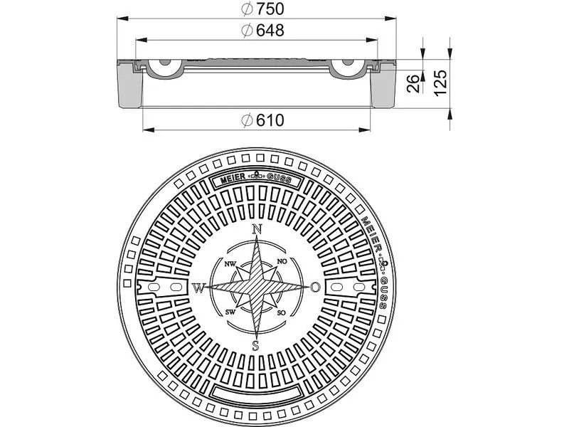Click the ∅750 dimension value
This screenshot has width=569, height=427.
257,10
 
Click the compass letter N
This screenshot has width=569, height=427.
257,229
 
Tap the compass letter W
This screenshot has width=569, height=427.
198,288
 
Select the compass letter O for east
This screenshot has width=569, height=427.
315,288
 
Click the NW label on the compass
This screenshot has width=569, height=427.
230,264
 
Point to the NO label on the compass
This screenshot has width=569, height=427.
282,263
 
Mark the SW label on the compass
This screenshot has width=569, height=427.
230,312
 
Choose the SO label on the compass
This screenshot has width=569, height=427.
282,313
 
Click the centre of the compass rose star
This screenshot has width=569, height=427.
257,288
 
